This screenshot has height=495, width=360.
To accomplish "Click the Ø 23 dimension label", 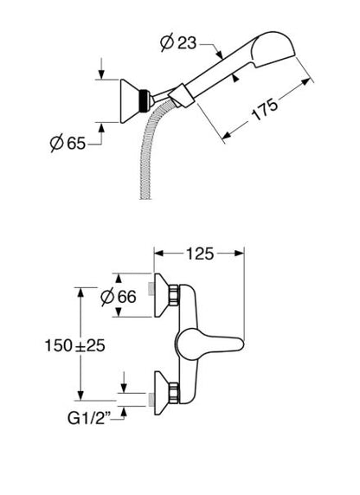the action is [x=178, y=43].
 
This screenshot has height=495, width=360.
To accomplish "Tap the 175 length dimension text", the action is [x=265, y=109].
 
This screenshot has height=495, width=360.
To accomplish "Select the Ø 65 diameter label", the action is [x=67, y=144].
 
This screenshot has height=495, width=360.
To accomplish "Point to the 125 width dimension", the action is [x=200, y=254].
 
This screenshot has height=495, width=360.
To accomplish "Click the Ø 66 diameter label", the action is [x=119, y=297].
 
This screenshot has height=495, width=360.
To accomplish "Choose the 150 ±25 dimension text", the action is [x=74, y=345].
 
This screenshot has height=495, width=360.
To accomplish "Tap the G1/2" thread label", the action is [x=89, y=419].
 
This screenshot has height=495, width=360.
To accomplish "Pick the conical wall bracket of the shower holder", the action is [x=131, y=100].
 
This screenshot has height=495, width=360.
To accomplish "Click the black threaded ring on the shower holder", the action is [x=145, y=100].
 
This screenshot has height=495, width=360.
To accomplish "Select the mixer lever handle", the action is [x=209, y=344].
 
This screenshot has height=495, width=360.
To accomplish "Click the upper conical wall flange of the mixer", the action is [x=162, y=295].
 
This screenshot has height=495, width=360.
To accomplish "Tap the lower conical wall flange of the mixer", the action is [x=162, y=393].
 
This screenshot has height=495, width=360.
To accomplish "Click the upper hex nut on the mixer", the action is [x=174, y=295].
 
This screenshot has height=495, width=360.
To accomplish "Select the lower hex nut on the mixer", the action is [x=174, y=393].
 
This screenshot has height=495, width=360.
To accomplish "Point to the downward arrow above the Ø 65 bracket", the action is [x=101, y=68].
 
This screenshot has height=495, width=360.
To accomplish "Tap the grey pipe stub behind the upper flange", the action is [x=151, y=289].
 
